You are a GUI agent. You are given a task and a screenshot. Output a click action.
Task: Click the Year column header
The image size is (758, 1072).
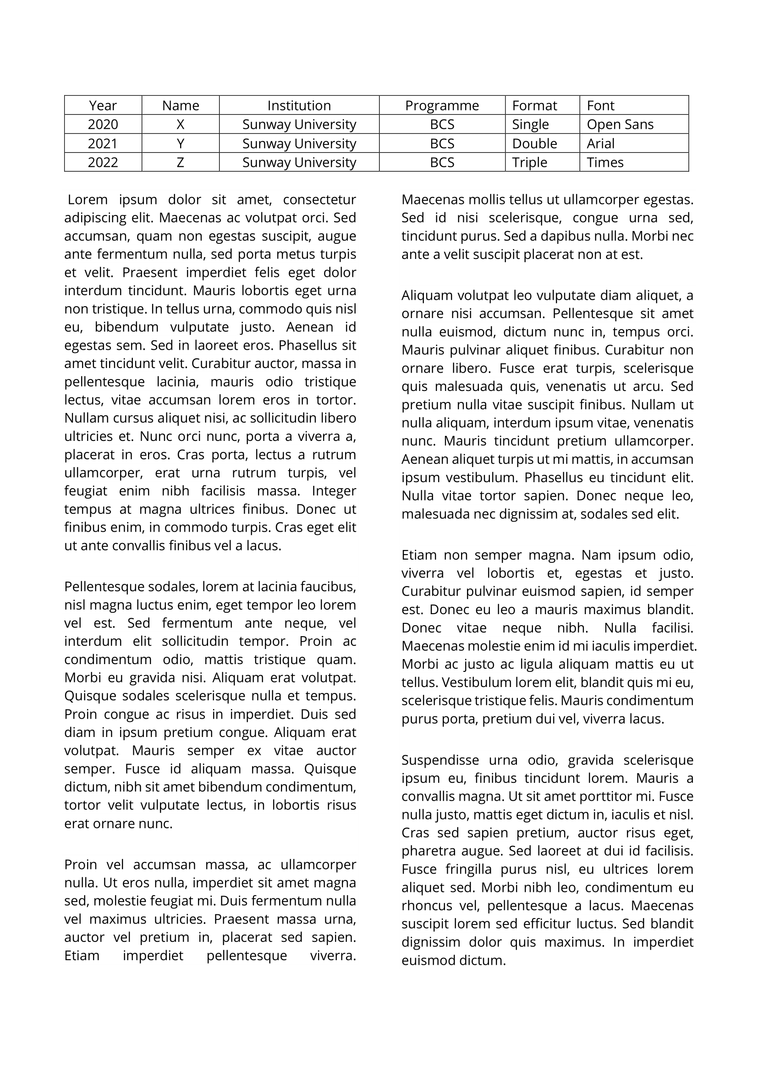(x=103, y=105)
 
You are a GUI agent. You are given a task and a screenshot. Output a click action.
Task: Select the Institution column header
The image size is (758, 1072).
(x=299, y=105)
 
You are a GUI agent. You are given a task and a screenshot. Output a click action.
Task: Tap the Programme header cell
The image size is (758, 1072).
(x=441, y=105)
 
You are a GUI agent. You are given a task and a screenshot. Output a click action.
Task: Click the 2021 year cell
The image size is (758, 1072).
(x=103, y=143)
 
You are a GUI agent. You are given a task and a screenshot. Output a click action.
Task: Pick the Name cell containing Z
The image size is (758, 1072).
(x=180, y=163)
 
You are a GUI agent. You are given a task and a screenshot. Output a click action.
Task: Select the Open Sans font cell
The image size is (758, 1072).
(x=620, y=125)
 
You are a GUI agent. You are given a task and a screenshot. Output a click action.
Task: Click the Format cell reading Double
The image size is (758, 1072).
(x=534, y=143)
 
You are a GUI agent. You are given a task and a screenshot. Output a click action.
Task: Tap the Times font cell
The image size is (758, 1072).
(x=605, y=163)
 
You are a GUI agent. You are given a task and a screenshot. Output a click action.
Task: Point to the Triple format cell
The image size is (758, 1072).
(x=529, y=163)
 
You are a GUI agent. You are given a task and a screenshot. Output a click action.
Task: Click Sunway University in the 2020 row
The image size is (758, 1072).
(x=299, y=125)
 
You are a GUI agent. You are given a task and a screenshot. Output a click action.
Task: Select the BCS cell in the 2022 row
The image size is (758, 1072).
(x=441, y=163)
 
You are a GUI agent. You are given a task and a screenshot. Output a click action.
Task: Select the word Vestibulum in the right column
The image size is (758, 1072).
(x=477, y=682)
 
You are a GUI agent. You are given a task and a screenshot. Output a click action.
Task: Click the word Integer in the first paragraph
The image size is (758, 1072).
(x=334, y=491)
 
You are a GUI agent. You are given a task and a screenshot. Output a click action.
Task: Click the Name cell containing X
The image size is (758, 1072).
(x=180, y=125)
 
